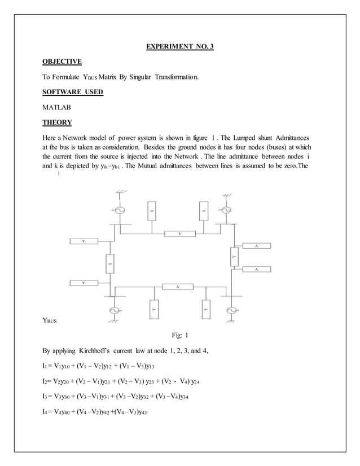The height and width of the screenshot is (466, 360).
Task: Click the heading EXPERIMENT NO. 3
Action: click(180, 46)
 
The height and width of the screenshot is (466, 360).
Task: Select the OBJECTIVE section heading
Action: click(62, 61)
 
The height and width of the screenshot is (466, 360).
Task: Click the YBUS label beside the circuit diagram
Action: click(50, 321)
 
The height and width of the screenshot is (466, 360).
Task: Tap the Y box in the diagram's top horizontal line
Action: click(179, 232)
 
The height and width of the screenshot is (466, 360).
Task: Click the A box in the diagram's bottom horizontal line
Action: click(178, 287)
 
